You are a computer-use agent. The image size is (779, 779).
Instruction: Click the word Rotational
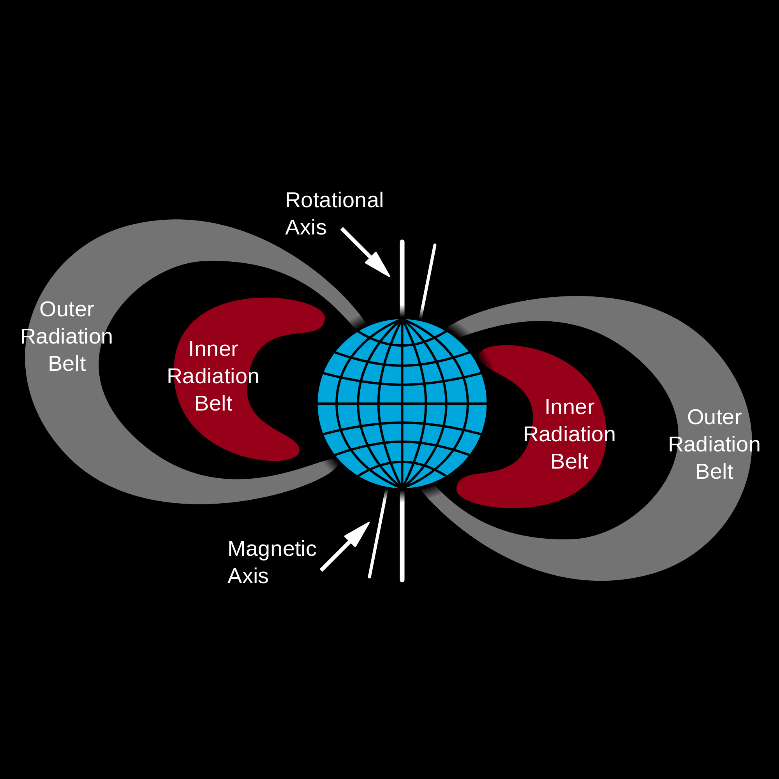pos(334,200)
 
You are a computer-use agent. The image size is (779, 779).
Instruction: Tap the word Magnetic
pos(272,549)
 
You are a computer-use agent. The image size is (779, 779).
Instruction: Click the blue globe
pos(402,403)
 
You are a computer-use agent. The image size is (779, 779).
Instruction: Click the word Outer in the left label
pos(67,309)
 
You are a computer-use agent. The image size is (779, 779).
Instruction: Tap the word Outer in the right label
pos(714,417)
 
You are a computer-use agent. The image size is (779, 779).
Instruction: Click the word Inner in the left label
pos(213,349)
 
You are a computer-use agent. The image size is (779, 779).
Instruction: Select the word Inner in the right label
pos(569,407)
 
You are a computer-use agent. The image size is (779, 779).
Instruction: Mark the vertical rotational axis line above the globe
pos(402,278)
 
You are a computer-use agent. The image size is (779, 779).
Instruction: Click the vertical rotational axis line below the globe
pos(402,536)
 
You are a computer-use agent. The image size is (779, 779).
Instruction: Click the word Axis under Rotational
pos(306,227)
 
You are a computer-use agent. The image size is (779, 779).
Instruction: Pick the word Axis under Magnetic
pos(248,576)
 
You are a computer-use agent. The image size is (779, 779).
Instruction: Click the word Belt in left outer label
pos(67,364)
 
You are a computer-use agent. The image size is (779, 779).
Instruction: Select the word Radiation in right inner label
pos(569,434)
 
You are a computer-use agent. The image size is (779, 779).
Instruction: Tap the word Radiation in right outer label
pos(714,444)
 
